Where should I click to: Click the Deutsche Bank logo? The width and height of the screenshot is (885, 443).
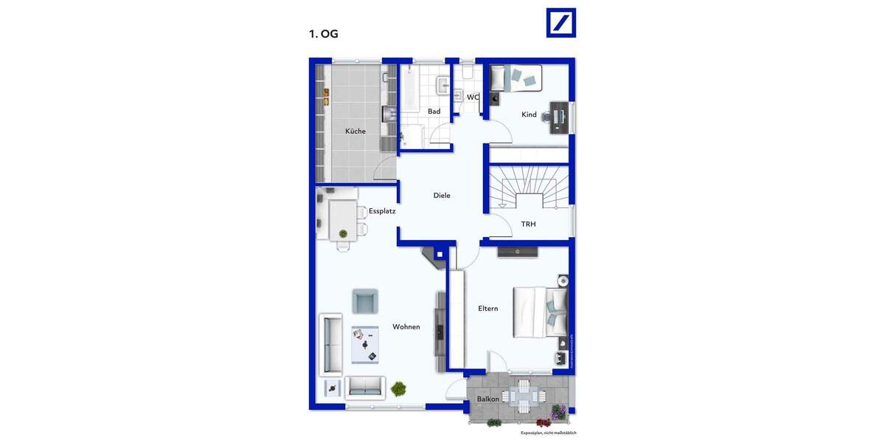(560, 23)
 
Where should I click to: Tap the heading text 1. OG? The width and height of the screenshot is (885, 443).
(323, 33)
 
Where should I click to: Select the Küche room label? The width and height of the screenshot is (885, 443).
(355, 131)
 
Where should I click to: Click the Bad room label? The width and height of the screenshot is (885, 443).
(434, 111)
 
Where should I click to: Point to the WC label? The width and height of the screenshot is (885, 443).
(473, 97)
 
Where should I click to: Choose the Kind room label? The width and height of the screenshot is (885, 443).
(529, 114)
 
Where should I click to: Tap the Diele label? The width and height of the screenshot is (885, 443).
(442, 196)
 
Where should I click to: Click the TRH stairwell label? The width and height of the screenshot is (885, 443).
(529, 223)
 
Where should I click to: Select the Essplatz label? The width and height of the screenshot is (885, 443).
(382, 210)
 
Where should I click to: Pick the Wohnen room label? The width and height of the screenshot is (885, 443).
(406, 326)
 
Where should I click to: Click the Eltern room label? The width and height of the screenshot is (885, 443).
(487, 309)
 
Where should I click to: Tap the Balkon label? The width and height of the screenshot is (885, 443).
(487, 399)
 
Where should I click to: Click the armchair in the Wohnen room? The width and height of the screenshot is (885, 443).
(365, 301)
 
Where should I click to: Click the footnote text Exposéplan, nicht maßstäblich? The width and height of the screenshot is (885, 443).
(548, 433)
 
